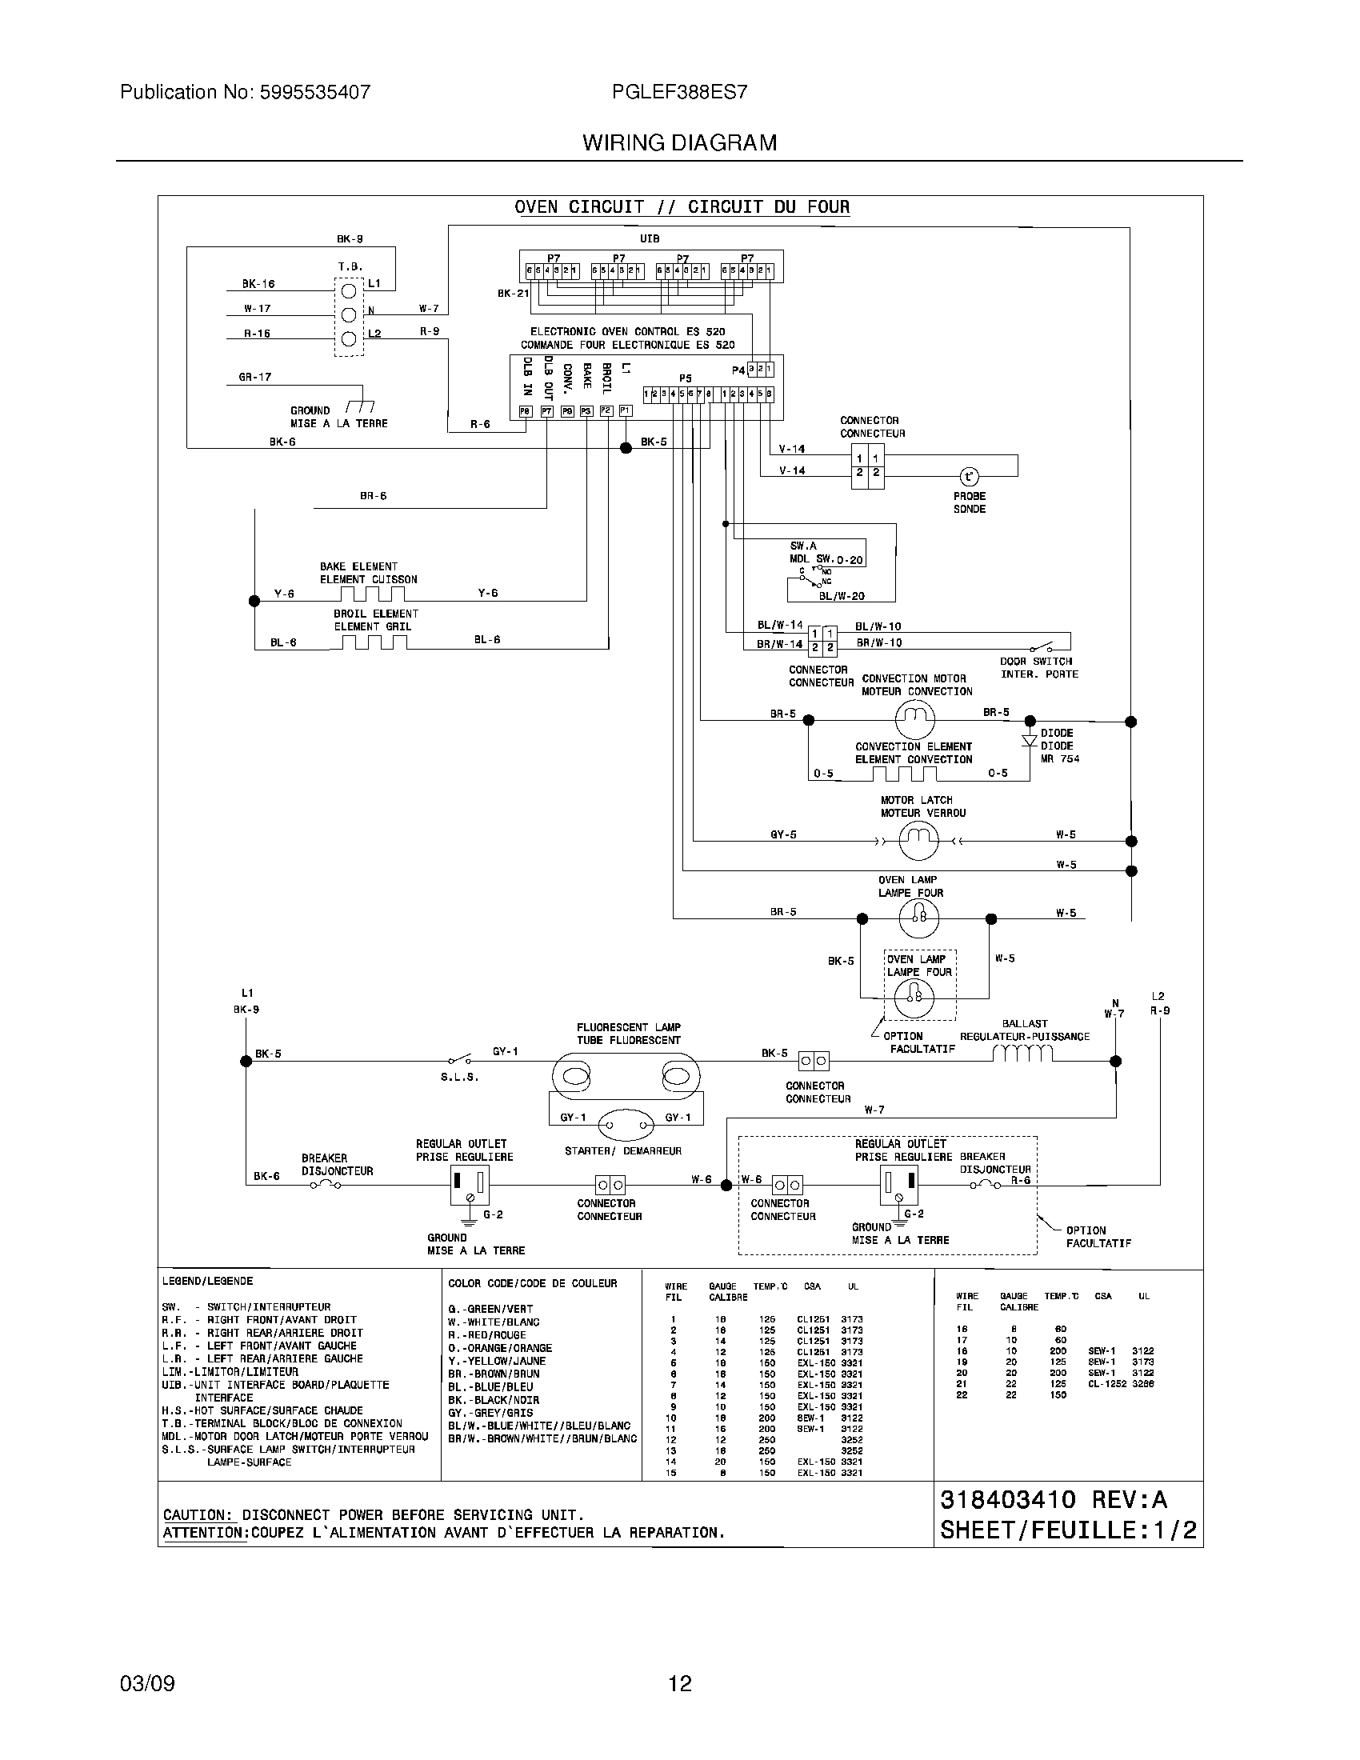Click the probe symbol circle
point(970,476)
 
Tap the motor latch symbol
point(918,842)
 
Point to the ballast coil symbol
point(1022,1054)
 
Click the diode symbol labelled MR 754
point(1029,741)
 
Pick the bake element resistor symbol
point(371,594)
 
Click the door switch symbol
point(1042,646)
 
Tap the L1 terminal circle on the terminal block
point(349,291)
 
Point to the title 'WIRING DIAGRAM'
point(680,142)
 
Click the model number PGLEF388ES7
point(680,92)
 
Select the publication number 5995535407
point(315,92)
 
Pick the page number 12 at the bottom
point(680,1683)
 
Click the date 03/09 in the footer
point(147,1683)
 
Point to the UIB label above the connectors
point(650,238)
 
